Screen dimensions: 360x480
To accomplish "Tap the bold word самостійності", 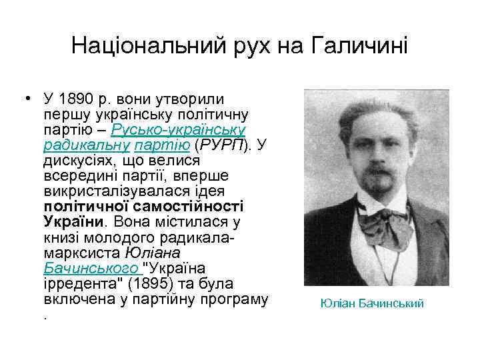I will (x=196, y=206).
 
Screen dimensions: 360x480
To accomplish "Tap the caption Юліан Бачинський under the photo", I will (x=372, y=303).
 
